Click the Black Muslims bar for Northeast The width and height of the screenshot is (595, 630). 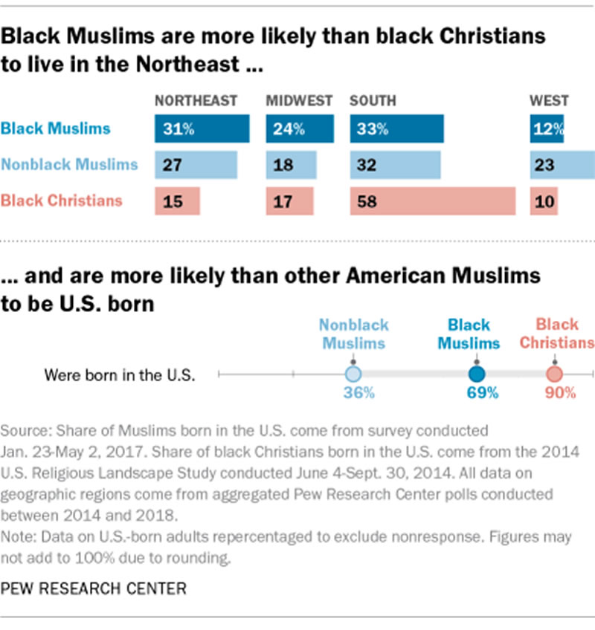tap(202, 129)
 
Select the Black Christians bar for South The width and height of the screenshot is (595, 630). tap(433, 201)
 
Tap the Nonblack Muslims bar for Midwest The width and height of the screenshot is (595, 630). tap(287, 165)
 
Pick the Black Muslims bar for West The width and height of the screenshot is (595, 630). tap(547, 129)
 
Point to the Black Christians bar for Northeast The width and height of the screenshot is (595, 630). tap(178, 201)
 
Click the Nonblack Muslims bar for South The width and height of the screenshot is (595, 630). tap(395, 165)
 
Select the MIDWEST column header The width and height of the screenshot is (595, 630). tap(300, 101)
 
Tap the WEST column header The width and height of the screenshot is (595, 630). tap(549, 101)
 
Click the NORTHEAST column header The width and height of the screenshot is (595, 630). tap(196, 101)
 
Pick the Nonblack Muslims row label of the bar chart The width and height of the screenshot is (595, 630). tap(69, 165)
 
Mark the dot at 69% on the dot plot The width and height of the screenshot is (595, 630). tap(477, 374)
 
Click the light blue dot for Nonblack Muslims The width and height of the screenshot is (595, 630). tap(353, 374)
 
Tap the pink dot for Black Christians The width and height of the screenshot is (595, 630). tap(554, 374)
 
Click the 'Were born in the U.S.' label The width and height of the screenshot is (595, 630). tap(120, 374)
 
